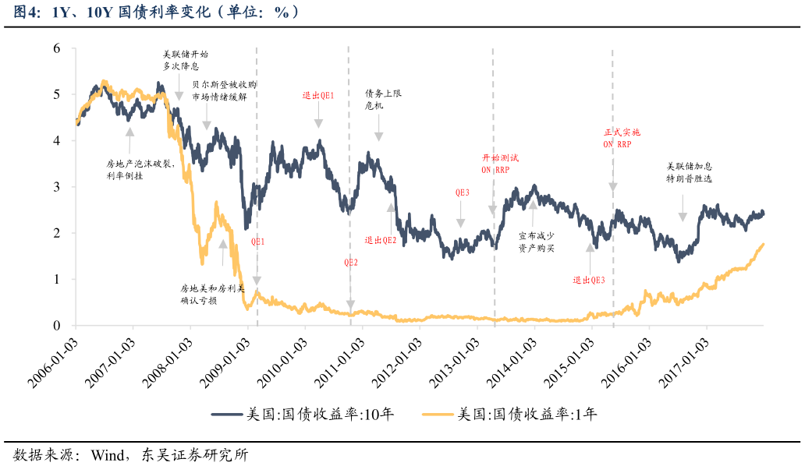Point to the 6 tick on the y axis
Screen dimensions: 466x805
click(x=56, y=48)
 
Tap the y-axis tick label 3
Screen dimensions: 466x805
click(x=56, y=187)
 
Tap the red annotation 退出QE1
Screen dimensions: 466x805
click(x=318, y=96)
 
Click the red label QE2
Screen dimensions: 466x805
click(x=351, y=263)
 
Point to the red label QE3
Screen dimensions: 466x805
click(x=462, y=192)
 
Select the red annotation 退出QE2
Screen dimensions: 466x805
click(x=381, y=240)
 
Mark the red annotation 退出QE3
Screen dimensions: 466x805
click(x=589, y=280)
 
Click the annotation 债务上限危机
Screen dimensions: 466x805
click(x=383, y=99)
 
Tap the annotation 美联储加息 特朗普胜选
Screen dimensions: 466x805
click(x=689, y=172)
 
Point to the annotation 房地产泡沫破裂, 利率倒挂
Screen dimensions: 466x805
click(x=130, y=170)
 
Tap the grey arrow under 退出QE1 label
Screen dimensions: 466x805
click(x=318, y=118)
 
